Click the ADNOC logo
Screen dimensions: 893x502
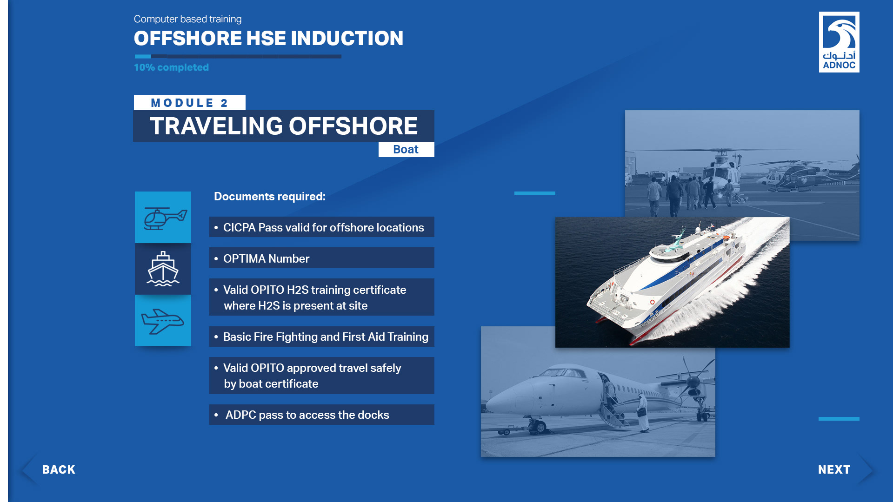click(839, 42)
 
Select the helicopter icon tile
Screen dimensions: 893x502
click(163, 217)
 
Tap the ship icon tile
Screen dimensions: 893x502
click(163, 269)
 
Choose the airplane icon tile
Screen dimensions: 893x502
click(163, 320)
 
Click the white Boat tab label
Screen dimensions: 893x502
click(406, 149)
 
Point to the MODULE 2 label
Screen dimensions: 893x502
click(189, 103)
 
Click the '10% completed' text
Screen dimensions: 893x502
click(171, 67)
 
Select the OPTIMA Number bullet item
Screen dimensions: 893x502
click(321, 258)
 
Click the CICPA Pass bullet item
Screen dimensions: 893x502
click(321, 227)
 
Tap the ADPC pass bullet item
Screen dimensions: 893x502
click(321, 415)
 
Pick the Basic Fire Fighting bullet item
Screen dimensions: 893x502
click(321, 337)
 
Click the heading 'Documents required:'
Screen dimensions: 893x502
click(270, 197)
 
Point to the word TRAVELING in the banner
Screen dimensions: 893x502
click(216, 126)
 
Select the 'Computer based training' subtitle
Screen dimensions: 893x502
click(187, 19)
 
